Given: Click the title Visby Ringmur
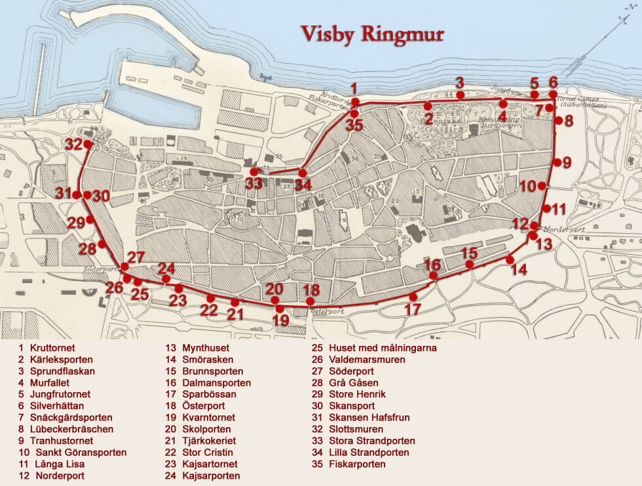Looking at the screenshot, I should coord(372,34).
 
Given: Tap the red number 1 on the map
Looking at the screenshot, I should coord(354,88).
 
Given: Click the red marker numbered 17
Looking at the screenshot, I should coord(413,296).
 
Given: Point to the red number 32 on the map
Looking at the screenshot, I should coord(73,144).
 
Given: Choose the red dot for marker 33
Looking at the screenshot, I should coord(254,172).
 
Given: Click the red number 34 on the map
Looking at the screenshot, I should coord(303,185).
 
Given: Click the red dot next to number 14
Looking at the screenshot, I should coord(510,259).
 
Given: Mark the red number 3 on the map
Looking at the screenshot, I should coord(460,83).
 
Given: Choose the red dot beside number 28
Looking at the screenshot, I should coord(102,244).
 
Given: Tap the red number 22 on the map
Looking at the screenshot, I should coord(209,310).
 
